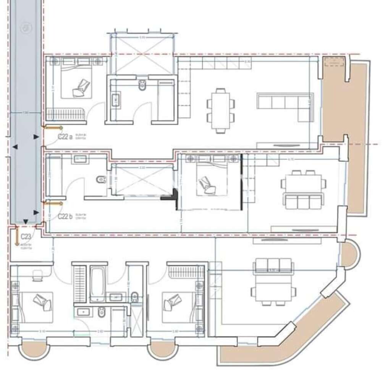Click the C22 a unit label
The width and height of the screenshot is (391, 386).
coord(65,136)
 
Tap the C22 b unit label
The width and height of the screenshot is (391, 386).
coord(65,216)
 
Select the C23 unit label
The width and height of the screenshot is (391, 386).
coord(26,237)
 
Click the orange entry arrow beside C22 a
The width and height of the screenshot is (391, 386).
coord(53,128)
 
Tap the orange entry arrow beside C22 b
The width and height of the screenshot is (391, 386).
coord(53,203)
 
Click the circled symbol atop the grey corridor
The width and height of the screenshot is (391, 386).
coord(26,27)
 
